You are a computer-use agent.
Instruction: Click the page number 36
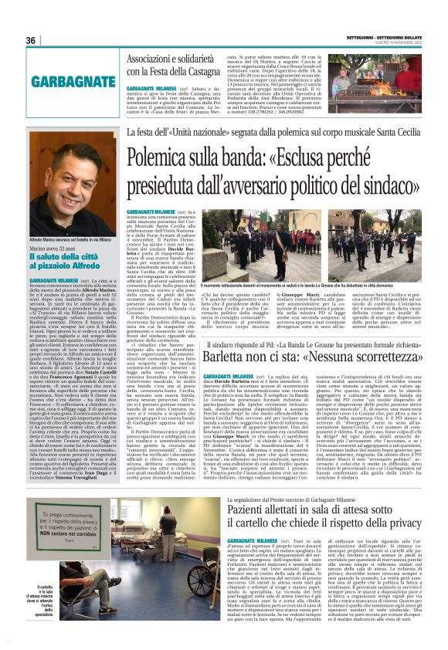[x=32, y=40]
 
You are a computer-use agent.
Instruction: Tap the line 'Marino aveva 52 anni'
[x=53, y=249]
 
